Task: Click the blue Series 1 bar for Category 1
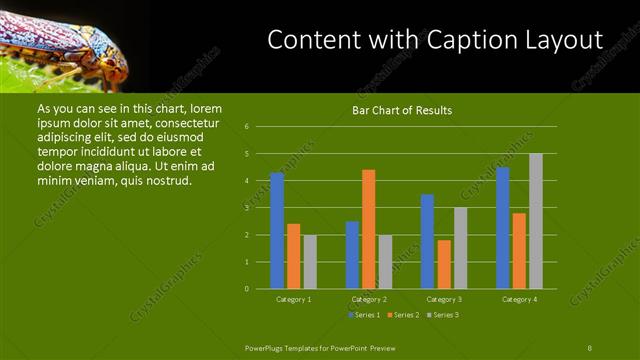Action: pyautogui.click(x=277, y=231)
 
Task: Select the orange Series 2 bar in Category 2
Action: pyautogui.click(x=368, y=229)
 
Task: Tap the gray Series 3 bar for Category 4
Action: pyautogui.click(x=536, y=221)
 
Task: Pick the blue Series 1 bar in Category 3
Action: pyautogui.click(x=427, y=241)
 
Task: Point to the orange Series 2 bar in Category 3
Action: pyautogui.click(x=444, y=264)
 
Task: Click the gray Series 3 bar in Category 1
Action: pyautogui.click(x=310, y=262)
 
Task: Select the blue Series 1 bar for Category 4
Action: pyautogui.click(x=503, y=228)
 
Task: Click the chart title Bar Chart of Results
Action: pyautogui.click(x=403, y=110)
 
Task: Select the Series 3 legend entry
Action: pyautogui.click(x=444, y=315)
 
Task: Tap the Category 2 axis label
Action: pyautogui.click(x=369, y=299)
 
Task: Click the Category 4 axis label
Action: pyautogui.click(x=519, y=299)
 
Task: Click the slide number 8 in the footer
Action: pyautogui.click(x=590, y=346)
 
